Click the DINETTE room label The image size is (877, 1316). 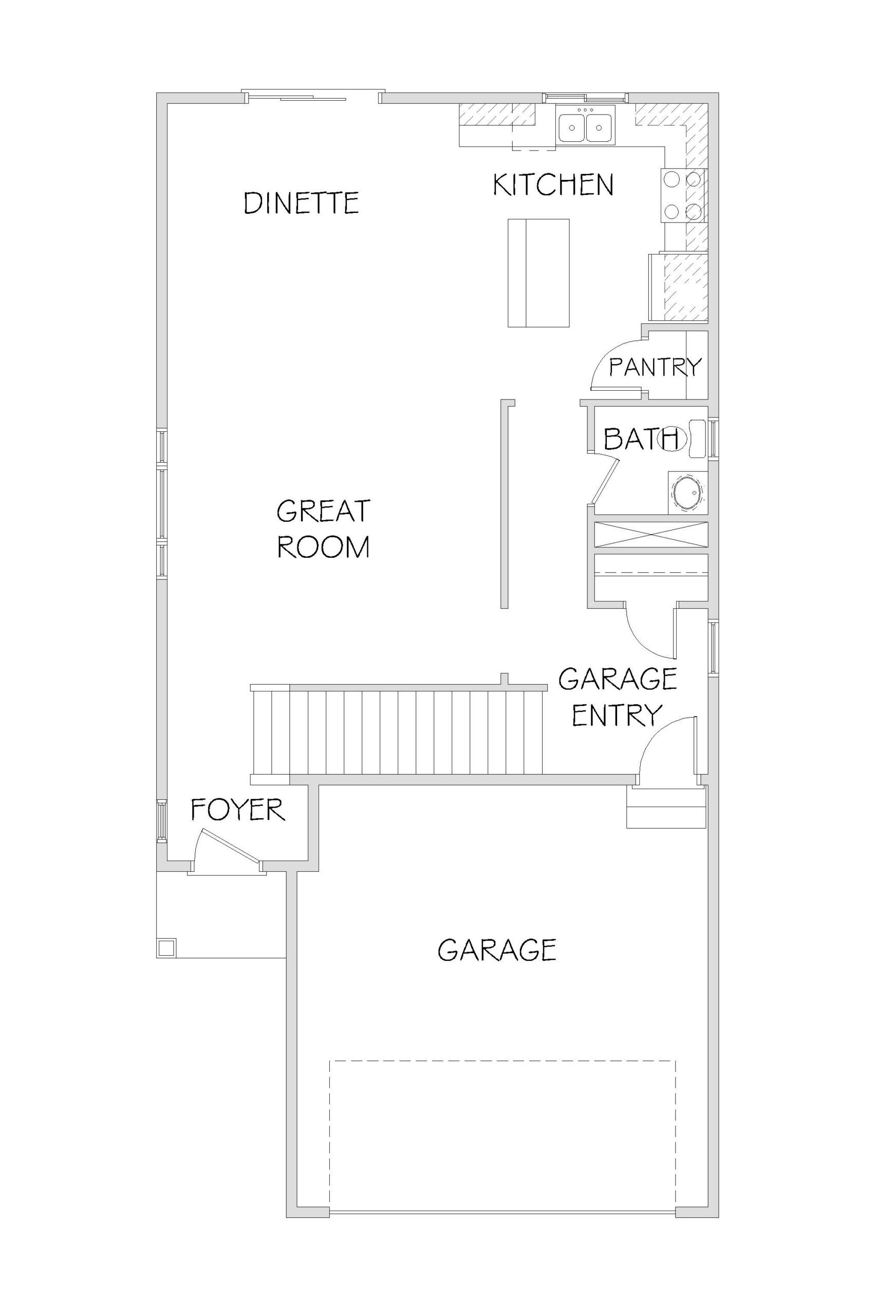(x=302, y=203)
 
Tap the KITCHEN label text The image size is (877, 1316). (x=553, y=185)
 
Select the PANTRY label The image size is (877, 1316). (x=655, y=367)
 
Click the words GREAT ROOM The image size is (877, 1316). (x=323, y=529)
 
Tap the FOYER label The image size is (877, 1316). (x=238, y=810)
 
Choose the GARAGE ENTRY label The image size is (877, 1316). (x=618, y=697)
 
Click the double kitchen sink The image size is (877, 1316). (x=586, y=126)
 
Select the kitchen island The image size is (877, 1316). (x=538, y=273)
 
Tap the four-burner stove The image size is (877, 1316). (x=683, y=195)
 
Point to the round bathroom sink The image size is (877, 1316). (x=687, y=492)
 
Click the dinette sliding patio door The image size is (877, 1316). (x=313, y=97)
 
